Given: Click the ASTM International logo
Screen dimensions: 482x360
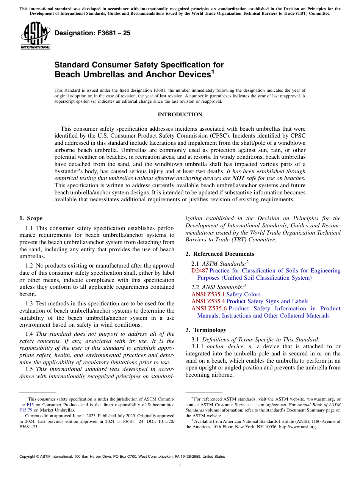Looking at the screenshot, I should pyautogui.click(x=35, y=35).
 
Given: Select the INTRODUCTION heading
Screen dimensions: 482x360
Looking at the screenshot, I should pyautogui.click(x=180, y=114).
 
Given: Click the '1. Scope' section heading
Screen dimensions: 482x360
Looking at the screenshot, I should pyautogui.click(x=31, y=218).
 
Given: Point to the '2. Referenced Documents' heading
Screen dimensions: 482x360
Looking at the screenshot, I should pyautogui.click(x=220, y=254).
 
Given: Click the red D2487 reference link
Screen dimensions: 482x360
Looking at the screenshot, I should pyautogui.click(x=200, y=271).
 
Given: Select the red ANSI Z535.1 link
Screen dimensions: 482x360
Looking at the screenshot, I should pyautogui.click(x=208, y=294).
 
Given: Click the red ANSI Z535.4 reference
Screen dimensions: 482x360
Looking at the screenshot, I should pyautogui.click(x=208, y=301).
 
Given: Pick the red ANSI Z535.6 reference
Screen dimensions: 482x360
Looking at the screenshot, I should pyautogui.click(x=209, y=308).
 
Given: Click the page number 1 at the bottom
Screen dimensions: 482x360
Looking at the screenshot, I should pyautogui.click(x=180, y=465).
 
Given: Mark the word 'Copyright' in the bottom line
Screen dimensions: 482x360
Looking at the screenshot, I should pyautogui.click(x=29, y=457).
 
